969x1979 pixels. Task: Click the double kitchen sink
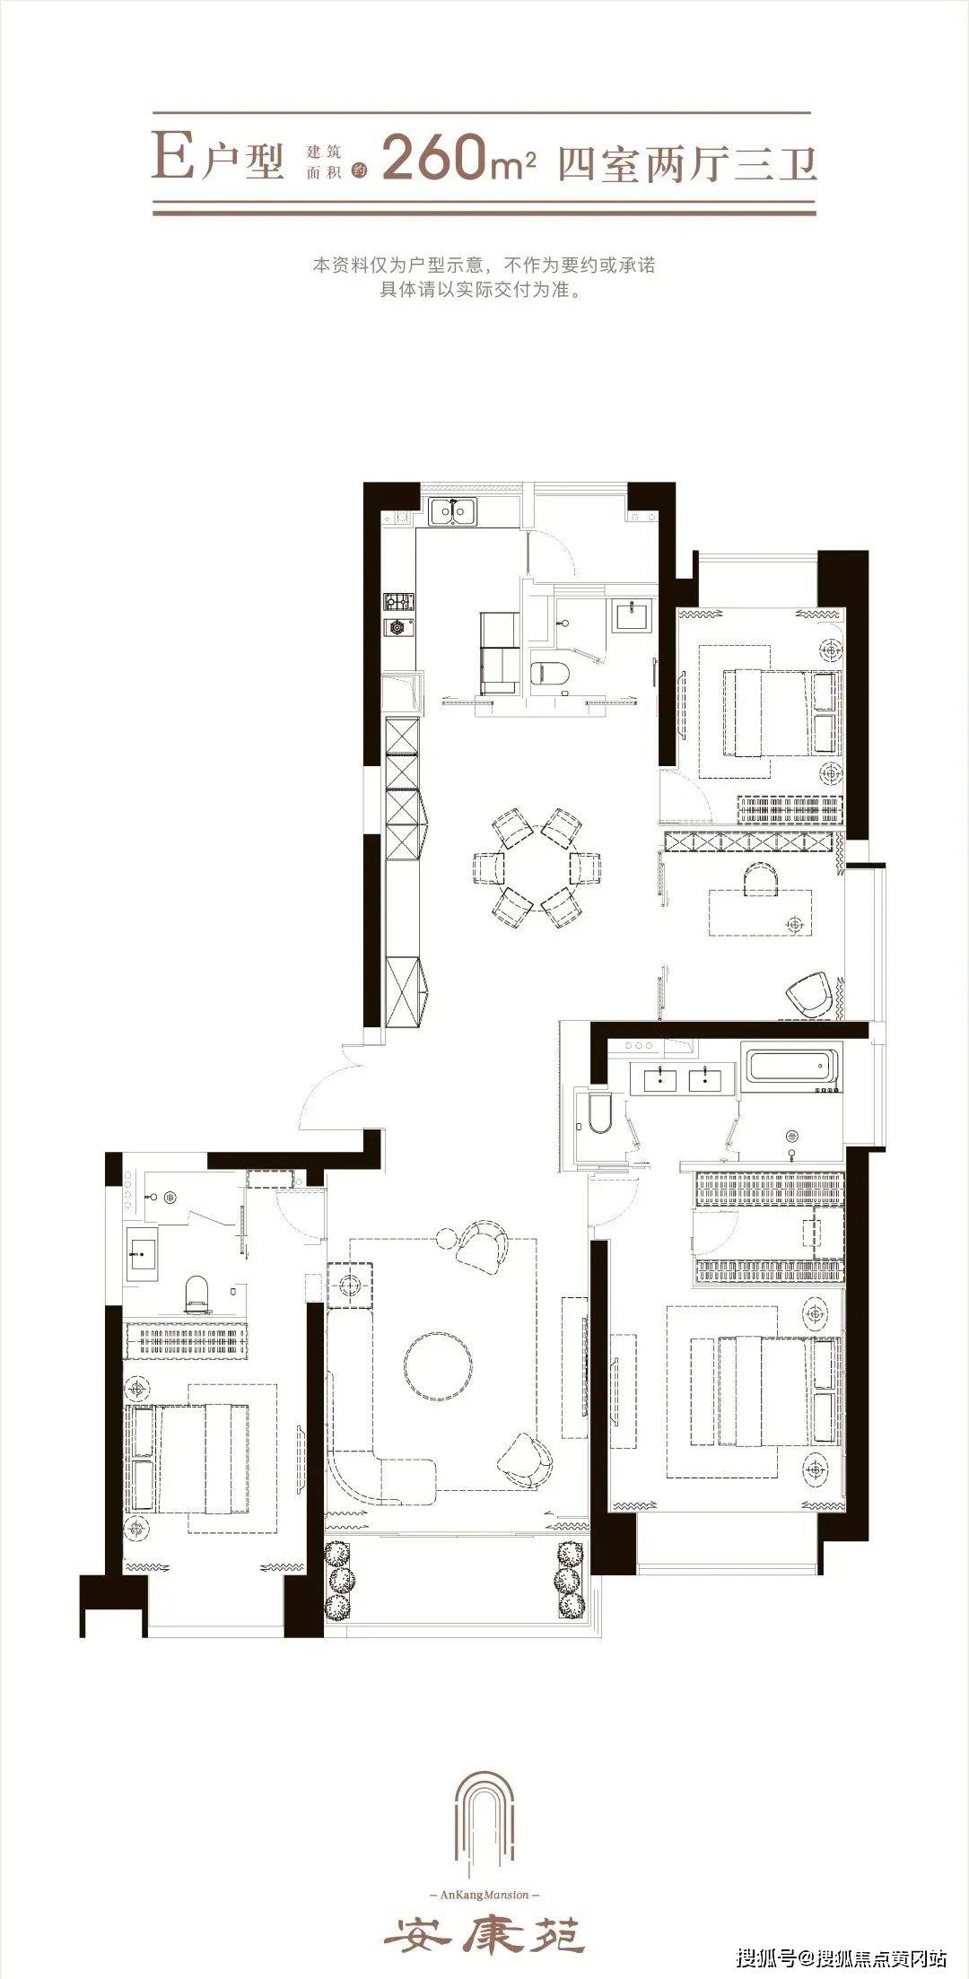[x=453, y=513]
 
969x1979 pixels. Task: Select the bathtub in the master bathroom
[x=792, y=1068]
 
